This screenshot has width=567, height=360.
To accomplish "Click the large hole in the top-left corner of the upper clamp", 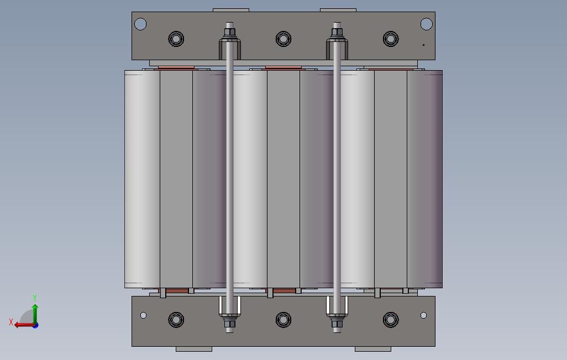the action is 140,24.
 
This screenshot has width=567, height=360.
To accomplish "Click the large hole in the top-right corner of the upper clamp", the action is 426,24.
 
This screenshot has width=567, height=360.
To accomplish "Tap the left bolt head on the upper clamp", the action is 176,39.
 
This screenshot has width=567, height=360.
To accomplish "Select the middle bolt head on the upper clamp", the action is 283,39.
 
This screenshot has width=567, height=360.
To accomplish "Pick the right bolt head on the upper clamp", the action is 391,39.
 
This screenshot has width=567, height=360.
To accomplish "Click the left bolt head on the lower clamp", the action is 176,320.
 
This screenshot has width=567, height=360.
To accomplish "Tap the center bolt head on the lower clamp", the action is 283,320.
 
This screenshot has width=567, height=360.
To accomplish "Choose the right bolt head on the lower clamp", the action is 391,320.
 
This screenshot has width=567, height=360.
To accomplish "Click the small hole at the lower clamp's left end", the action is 143,315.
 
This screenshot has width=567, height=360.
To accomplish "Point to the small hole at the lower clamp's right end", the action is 423,315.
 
